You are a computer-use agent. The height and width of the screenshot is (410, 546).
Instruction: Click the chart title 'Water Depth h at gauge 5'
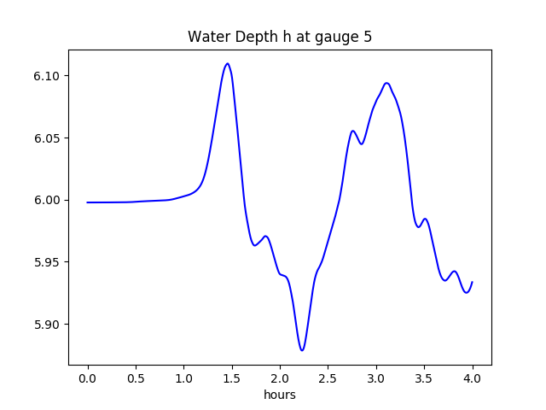click(279, 38)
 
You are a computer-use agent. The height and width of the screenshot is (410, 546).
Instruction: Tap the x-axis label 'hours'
click(279, 395)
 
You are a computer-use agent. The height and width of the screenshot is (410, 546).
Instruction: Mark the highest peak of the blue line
click(227, 63)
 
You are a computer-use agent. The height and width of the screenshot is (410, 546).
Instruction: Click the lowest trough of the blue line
click(302, 350)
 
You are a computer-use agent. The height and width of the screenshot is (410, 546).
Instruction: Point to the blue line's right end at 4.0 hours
click(472, 282)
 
